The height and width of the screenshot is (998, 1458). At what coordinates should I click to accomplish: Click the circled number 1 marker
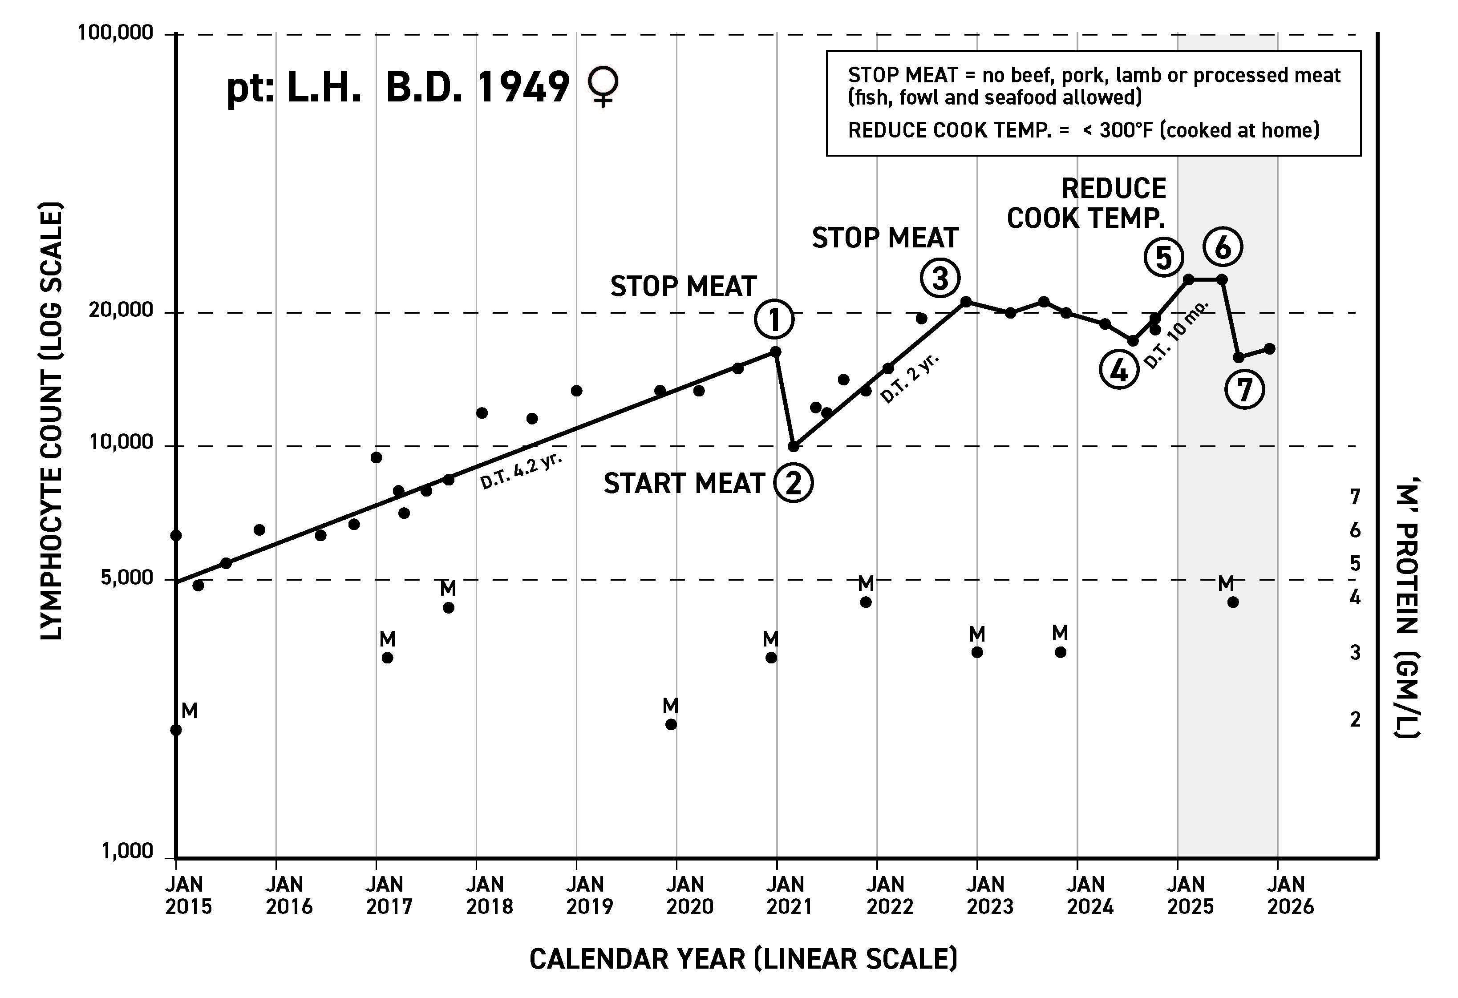point(774,320)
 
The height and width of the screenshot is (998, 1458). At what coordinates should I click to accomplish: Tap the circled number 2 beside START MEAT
point(793,483)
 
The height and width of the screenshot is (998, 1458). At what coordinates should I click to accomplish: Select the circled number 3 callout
point(940,278)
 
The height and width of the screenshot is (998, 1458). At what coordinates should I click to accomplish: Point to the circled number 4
point(1118,371)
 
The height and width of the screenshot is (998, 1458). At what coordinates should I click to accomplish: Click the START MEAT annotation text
point(684,484)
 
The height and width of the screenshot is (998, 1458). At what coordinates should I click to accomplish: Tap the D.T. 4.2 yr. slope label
point(521,470)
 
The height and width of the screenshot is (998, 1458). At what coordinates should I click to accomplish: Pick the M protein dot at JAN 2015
point(176,730)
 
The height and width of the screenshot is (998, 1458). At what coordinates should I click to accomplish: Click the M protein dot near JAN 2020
point(671,724)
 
